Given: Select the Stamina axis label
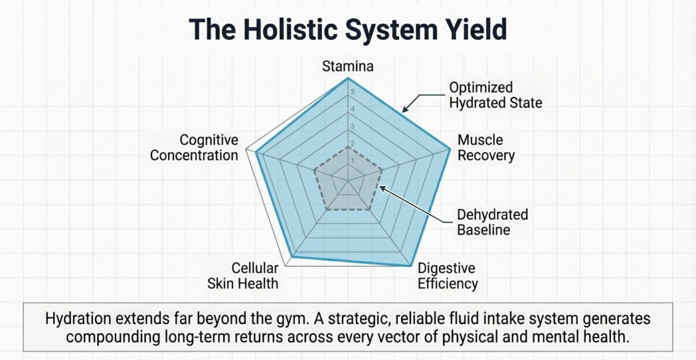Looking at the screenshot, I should [x=348, y=67].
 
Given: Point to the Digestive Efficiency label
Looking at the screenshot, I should [x=447, y=276].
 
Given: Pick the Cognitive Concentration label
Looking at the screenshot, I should [x=194, y=147].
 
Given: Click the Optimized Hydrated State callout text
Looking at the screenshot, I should [x=495, y=95].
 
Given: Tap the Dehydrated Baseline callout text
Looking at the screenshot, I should [x=492, y=222].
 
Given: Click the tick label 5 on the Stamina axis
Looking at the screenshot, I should [x=351, y=92].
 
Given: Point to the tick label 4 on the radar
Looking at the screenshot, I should [x=351, y=109].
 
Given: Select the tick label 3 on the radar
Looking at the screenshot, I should [x=351, y=127].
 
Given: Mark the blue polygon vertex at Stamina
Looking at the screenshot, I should [x=348, y=78].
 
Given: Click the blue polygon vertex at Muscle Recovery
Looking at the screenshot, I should [x=450, y=149].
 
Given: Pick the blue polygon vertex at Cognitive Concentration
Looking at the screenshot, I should [x=256, y=152].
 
